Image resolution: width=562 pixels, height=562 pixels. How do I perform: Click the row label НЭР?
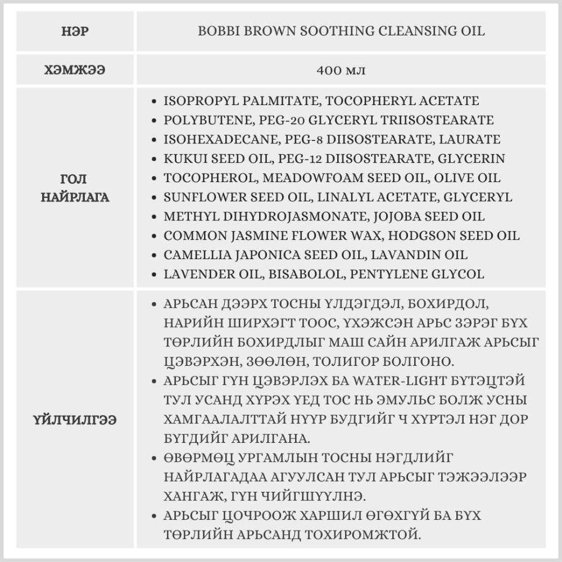pyautogui.click(x=75, y=31)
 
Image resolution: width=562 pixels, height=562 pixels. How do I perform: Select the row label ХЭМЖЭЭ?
pyautogui.click(x=75, y=70)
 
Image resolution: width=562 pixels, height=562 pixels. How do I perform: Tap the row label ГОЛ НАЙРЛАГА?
pyautogui.click(x=75, y=188)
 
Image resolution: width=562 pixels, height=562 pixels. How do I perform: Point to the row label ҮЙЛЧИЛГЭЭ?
pyautogui.click(x=75, y=420)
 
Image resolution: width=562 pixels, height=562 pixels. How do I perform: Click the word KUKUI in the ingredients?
pyautogui.click(x=181, y=159)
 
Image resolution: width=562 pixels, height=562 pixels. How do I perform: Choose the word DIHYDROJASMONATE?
pyautogui.click(x=273, y=216)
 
